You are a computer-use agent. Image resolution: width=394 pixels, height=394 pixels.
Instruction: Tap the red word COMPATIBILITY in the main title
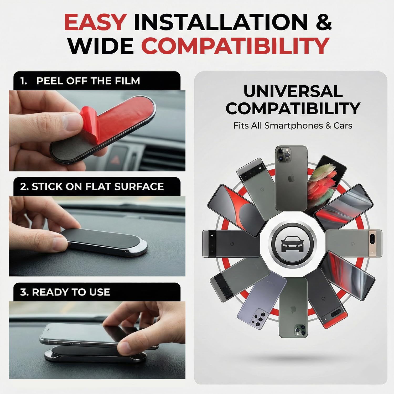(235, 46)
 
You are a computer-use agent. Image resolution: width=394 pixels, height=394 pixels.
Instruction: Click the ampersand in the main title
(324, 22)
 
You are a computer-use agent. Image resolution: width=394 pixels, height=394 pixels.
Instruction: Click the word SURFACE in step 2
(139, 187)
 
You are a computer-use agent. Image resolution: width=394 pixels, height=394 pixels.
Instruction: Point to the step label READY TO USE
(71, 292)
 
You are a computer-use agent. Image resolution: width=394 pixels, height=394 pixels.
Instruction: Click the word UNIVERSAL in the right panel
(293, 91)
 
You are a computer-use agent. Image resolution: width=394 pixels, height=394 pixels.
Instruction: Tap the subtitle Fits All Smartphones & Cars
(293, 126)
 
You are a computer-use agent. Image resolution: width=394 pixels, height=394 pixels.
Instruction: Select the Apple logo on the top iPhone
(291, 179)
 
